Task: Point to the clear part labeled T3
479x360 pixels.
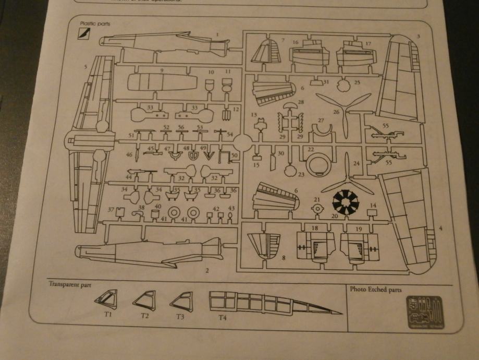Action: click(180, 302)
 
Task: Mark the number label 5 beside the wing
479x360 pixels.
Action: click(85, 67)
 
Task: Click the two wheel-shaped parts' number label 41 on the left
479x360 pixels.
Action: click(164, 219)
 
